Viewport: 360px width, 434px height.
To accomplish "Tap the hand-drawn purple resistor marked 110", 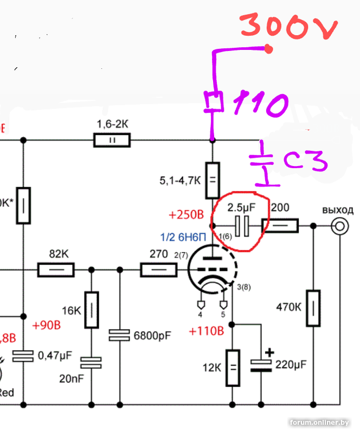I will pyautogui.click(x=213, y=101).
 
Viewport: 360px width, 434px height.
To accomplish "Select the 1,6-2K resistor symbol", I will pyautogui.click(x=112, y=141).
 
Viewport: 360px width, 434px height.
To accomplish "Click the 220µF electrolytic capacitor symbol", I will pyautogui.click(x=261, y=365).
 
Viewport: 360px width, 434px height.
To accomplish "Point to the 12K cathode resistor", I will pyautogui.click(x=232, y=367).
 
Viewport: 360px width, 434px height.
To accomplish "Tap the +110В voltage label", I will pyautogui.click(x=205, y=330).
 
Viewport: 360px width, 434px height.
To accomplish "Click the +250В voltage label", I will pyautogui.click(x=186, y=215).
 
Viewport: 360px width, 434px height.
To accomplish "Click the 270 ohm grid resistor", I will pyautogui.click(x=158, y=270).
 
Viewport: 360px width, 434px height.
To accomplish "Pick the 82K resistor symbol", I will pyautogui.click(x=56, y=270).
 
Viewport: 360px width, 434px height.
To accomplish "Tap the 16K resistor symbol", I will pyautogui.click(x=92, y=310).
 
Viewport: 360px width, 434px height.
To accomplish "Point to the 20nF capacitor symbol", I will pyautogui.click(x=91, y=363).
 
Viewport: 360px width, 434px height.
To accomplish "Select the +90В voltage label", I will pyautogui.click(x=46, y=325).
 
